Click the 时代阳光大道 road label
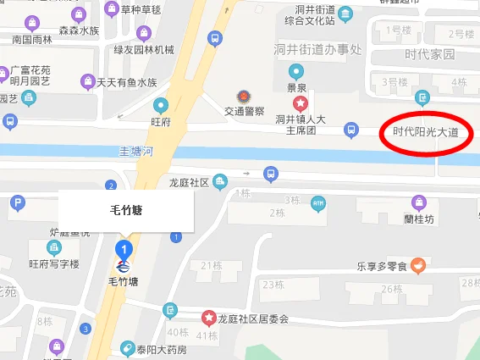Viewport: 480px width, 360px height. (x=425, y=132)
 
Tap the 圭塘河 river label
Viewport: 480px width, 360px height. (x=135, y=152)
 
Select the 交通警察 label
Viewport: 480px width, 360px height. (x=244, y=111)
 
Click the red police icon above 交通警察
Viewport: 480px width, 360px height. (x=244, y=96)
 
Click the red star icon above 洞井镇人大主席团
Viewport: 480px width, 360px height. (x=300, y=103)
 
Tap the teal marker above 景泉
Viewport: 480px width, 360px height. (x=295, y=71)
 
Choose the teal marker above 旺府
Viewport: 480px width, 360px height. (x=160, y=106)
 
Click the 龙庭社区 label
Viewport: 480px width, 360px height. (x=189, y=182)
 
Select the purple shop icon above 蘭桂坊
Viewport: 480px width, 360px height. (x=418, y=202)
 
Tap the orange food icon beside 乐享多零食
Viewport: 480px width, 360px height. (x=418, y=265)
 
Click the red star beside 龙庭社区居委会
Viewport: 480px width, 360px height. (x=208, y=318)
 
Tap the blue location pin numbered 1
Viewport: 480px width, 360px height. (x=124, y=250)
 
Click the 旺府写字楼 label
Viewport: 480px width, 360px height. (x=53, y=264)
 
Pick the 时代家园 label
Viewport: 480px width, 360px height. (x=429, y=54)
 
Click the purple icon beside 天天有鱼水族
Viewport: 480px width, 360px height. (x=86, y=82)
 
